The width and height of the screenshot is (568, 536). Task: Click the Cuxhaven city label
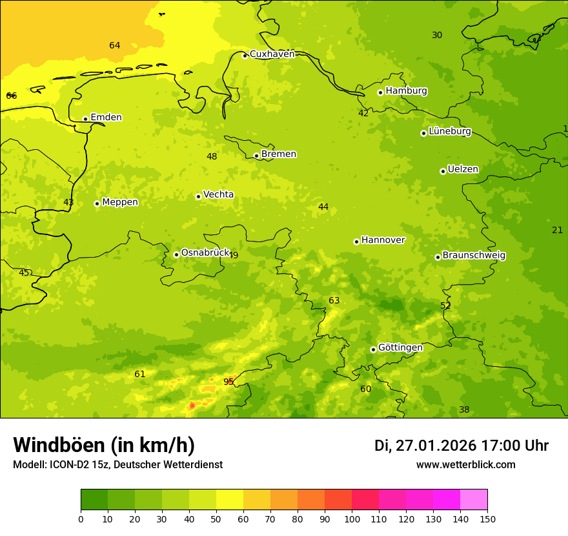(272, 54)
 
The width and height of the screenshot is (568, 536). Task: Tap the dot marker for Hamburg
(381, 92)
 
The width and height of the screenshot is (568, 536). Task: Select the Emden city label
(106, 118)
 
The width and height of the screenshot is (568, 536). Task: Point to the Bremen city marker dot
(256, 156)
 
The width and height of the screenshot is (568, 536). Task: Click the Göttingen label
(400, 348)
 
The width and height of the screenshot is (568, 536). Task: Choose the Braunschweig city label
(474, 256)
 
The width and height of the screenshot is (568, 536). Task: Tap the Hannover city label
(383, 240)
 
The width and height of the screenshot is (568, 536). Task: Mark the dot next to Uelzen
(443, 171)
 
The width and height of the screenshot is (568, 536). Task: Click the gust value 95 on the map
(228, 382)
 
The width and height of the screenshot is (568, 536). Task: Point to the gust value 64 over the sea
(114, 45)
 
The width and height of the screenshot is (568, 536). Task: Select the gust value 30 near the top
(437, 35)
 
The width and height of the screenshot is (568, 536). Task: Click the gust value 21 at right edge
(557, 230)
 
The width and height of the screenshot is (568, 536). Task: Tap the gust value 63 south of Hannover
(334, 300)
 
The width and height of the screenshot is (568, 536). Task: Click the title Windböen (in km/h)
(104, 445)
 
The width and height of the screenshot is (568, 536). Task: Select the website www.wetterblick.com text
(465, 465)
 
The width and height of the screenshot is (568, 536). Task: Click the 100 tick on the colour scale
(352, 519)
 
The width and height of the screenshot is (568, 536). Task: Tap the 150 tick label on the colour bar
(487, 519)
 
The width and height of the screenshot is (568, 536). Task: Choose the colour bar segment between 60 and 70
(257, 500)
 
